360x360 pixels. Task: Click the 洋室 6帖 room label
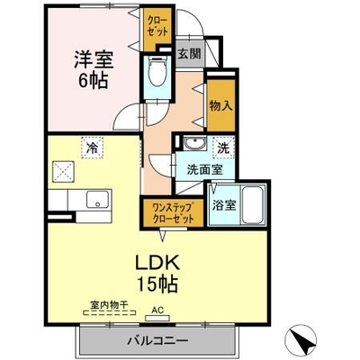click(94, 69)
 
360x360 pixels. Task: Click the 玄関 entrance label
click(189, 54)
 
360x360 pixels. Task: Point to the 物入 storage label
click(221, 105)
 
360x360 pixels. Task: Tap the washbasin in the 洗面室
click(194, 143)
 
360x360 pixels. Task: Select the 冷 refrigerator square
click(93, 148)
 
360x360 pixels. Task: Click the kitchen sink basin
click(97, 199)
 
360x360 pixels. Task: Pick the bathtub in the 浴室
click(254, 205)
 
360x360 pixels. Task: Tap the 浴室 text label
click(224, 205)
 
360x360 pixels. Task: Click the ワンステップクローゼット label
click(173, 212)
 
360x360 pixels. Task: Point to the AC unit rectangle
click(157, 318)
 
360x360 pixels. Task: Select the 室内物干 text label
click(109, 305)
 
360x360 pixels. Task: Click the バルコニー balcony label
click(157, 341)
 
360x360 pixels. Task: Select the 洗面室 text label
click(205, 170)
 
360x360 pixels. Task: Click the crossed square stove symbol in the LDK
click(63, 172)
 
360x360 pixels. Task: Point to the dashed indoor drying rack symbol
click(109, 313)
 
